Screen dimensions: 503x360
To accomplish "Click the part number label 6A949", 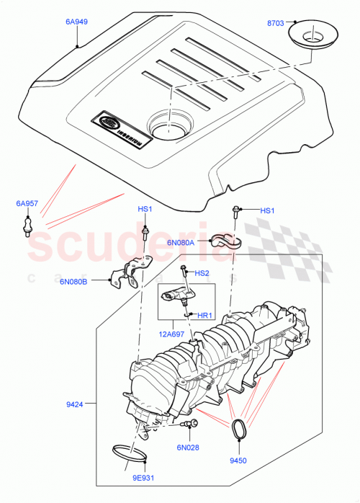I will (76, 22).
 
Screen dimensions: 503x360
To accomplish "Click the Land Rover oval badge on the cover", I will (109, 123).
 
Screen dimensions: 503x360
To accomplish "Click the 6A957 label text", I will (27, 204).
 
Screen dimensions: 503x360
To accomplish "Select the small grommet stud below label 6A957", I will (26, 226).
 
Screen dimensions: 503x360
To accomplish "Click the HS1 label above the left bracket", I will (145, 209).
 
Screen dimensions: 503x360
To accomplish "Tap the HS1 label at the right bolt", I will (267, 210).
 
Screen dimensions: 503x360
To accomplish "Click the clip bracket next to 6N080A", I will (225, 245).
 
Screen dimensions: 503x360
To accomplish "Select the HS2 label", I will (202, 273).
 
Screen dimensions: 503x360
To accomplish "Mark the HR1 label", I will (204, 315).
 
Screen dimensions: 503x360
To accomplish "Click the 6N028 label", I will (189, 448).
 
